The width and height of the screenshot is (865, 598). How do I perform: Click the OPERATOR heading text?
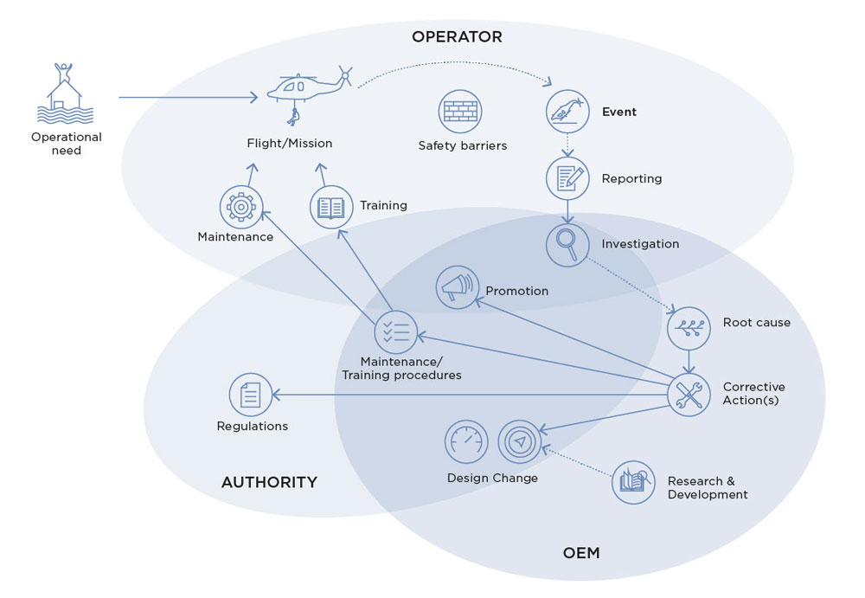click(457, 37)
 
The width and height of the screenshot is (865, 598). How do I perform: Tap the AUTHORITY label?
click(269, 482)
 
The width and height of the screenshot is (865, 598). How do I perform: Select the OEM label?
click(581, 553)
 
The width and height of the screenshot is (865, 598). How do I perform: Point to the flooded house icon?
click(65, 93)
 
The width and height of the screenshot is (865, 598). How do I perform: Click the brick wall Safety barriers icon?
click(460, 112)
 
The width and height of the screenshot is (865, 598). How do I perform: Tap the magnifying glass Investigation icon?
click(567, 245)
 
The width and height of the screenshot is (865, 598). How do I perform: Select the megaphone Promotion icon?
click(458, 287)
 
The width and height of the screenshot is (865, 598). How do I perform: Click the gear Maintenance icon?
click(241, 207)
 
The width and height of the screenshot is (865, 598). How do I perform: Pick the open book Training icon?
click(331, 207)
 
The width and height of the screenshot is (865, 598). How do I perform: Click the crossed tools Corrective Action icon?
click(689, 395)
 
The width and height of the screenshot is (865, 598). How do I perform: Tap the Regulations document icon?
click(251, 395)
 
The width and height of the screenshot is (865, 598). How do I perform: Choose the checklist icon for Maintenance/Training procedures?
click(395, 331)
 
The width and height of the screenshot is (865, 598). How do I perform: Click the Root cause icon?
click(689, 329)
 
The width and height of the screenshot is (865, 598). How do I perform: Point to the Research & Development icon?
click(633, 483)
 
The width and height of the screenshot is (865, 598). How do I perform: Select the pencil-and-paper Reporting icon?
click(567, 178)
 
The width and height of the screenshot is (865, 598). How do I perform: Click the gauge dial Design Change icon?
click(466, 441)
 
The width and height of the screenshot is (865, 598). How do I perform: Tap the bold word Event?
click(619, 112)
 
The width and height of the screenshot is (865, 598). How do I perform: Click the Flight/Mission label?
click(290, 143)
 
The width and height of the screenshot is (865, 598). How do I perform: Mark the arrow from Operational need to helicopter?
click(188, 97)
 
